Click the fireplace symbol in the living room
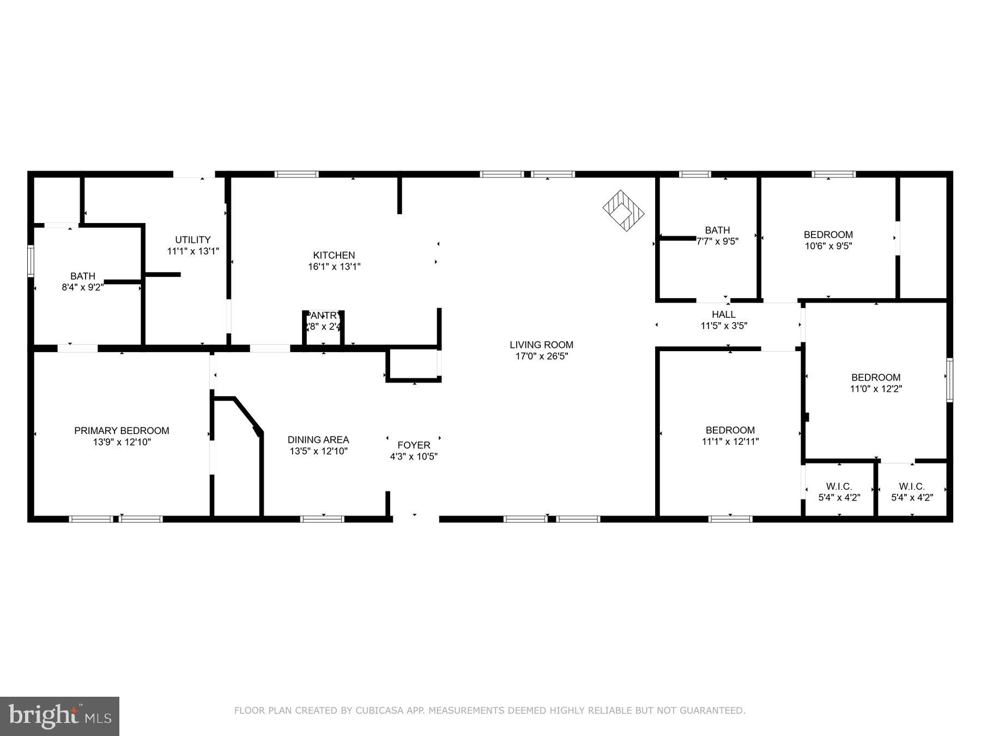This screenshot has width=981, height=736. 623,210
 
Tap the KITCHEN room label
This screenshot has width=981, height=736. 334,255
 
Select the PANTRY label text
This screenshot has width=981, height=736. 324,315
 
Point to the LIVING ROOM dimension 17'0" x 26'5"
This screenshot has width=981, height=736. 541,356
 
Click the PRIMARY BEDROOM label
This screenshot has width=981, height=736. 122,431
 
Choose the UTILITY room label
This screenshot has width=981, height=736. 192,240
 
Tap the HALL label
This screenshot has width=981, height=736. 723,315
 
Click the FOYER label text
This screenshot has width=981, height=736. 414,445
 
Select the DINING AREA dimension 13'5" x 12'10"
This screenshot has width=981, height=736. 318,451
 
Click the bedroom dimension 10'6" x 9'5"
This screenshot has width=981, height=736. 828,246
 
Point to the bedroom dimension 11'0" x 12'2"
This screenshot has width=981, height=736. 876,389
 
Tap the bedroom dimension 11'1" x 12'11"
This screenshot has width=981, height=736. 730,442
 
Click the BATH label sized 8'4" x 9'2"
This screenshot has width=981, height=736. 82,276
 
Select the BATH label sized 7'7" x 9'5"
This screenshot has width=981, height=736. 717,230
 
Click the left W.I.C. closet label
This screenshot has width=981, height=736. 839,486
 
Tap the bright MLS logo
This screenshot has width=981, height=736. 59,716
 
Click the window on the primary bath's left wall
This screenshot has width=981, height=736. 31,261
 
